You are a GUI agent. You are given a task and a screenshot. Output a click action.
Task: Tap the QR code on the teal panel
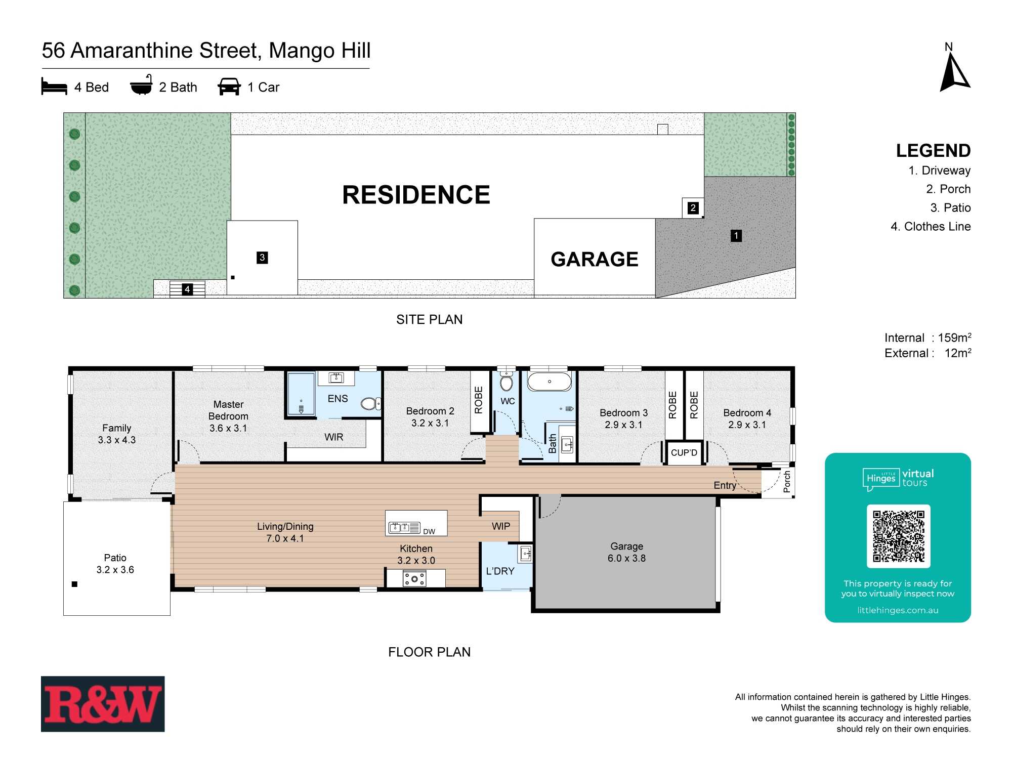tap(898, 536)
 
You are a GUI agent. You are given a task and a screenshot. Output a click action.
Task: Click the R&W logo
tap(103, 704)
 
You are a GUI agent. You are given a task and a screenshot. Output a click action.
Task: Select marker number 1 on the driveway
tap(736, 236)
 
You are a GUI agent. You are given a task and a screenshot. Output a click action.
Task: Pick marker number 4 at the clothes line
tap(187, 289)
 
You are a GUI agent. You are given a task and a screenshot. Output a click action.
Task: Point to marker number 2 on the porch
tap(693, 207)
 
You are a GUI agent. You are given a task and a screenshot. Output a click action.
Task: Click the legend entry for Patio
tap(950, 208)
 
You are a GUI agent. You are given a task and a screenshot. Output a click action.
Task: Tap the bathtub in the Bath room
tap(550, 381)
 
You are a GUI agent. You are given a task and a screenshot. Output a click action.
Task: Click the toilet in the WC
tap(507, 382)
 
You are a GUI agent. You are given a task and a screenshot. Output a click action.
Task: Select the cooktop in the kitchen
tap(414, 578)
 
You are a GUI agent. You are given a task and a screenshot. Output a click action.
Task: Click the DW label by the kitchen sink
tap(429, 531)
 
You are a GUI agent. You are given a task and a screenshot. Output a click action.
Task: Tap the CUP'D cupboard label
tap(684, 453)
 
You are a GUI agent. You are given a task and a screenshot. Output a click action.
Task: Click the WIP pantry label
tap(501, 526)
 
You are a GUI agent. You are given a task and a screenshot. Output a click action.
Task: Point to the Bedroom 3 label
tap(623, 413)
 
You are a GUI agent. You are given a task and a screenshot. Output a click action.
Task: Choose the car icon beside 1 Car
tap(229, 87)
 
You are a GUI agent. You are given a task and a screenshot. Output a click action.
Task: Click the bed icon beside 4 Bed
tap(54, 87)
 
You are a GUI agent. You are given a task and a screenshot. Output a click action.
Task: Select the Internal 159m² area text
tap(927, 338)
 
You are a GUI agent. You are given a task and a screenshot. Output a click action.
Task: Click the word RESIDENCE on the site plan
tap(416, 195)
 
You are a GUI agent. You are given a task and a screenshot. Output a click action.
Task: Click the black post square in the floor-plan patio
tap(75, 584)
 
